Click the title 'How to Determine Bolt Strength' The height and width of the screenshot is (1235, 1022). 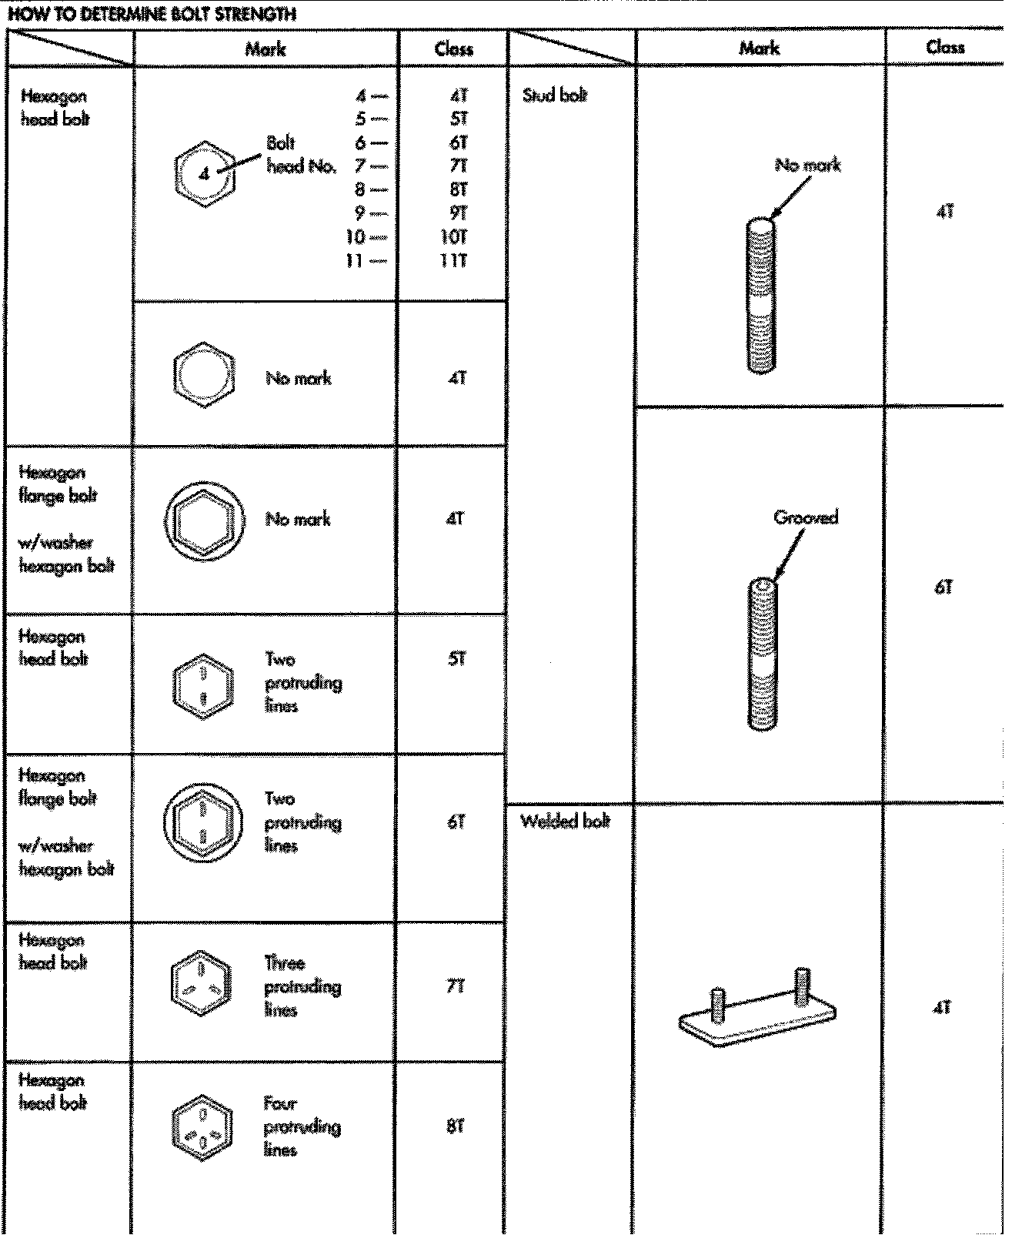pyautogui.click(x=152, y=14)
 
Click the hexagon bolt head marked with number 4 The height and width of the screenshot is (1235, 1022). pyautogui.click(x=203, y=174)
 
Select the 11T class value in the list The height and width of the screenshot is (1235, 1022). pyautogui.click(x=453, y=260)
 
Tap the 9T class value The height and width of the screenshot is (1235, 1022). pyautogui.click(x=456, y=213)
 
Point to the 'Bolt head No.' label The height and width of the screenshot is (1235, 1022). pyautogui.click(x=301, y=155)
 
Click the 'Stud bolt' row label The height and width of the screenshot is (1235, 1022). pyautogui.click(x=555, y=95)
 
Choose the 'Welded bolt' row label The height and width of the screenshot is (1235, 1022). pyautogui.click(x=565, y=821)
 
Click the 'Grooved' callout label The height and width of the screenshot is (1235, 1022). pyautogui.click(x=806, y=517)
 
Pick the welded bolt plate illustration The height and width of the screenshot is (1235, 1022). pyautogui.click(x=758, y=1009)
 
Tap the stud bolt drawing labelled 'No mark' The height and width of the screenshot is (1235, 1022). pyautogui.click(x=761, y=296)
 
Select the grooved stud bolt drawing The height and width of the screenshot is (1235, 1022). pyautogui.click(x=763, y=654)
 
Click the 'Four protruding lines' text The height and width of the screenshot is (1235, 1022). pyautogui.click(x=302, y=1126)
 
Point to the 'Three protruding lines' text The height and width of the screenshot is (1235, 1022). pyautogui.click(x=302, y=986)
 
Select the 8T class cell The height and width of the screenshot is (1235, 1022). pyautogui.click(x=455, y=1126)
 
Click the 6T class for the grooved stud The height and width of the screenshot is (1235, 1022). pyautogui.click(x=944, y=587)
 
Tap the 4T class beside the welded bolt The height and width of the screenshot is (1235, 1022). pyautogui.click(x=944, y=1007)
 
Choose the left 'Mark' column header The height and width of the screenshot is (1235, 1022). pyautogui.click(x=266, y=49)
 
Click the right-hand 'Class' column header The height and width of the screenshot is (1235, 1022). pyautogui.click(x=945, y=47)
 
